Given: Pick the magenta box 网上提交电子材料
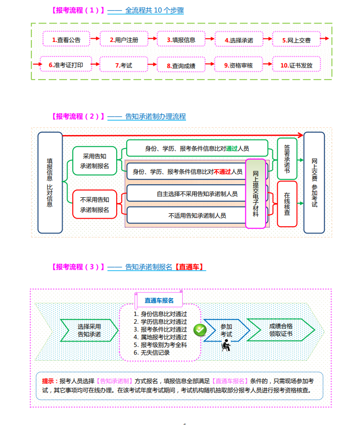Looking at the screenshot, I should (255, 193).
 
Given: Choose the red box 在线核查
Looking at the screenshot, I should (287, 204).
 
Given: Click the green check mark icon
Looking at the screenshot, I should (200, 330).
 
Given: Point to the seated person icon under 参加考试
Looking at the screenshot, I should (226, 345).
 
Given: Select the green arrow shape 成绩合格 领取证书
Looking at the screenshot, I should (281, 329).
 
